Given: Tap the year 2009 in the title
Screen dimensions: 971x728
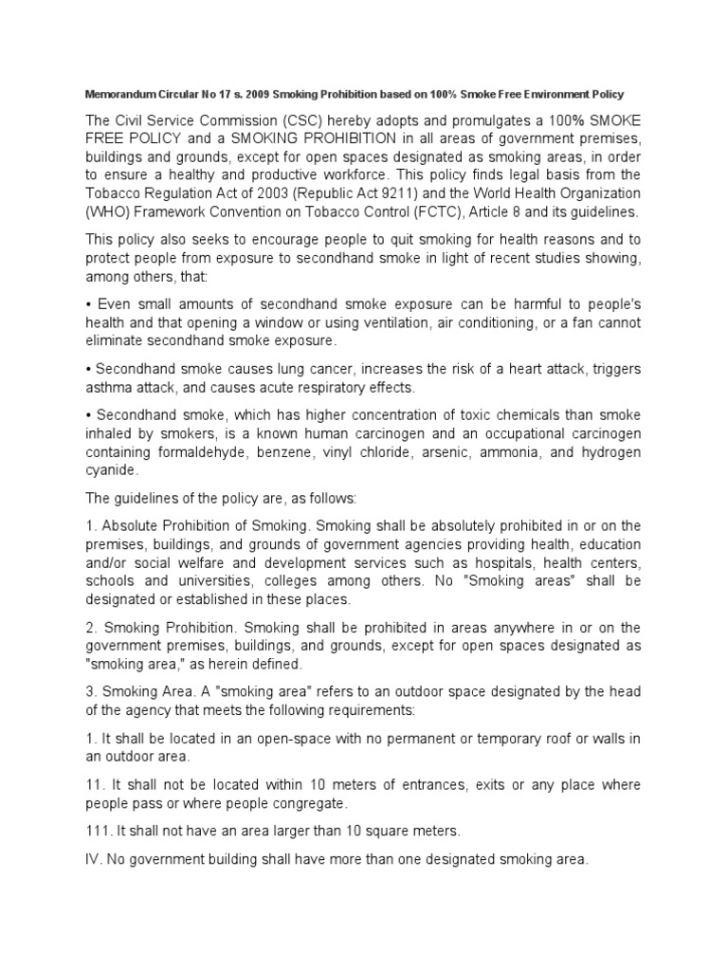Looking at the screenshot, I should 261,97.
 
